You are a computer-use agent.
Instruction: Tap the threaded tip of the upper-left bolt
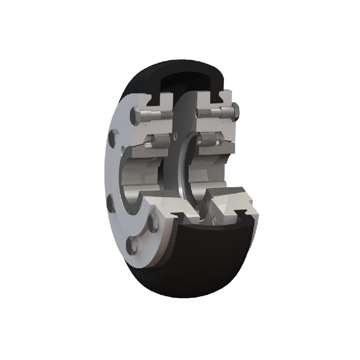pyautogui.click(x=166, y=114)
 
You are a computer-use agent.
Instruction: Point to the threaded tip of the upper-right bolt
pyautogui.click(x=203, y=113)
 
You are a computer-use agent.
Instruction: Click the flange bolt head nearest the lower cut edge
pyautogui.click(x=153, y=223)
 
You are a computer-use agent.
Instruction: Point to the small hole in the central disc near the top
pyautogui.click(x=175, y=136)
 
